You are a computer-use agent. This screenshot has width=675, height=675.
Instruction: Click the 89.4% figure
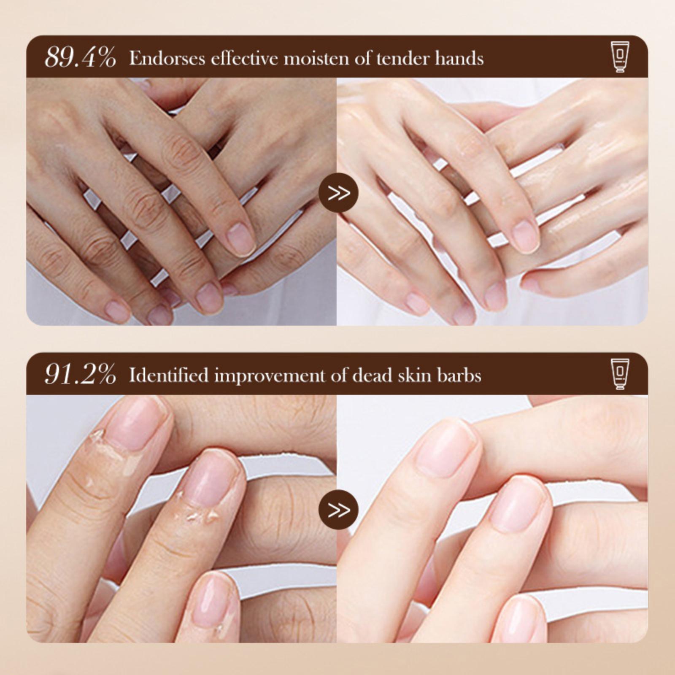pos(80,57)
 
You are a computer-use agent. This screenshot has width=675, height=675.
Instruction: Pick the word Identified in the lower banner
pos(169,375)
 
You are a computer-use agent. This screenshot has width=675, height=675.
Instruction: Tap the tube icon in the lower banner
pos(619,374)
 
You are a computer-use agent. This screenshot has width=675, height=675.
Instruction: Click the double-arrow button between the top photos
pos(338,193)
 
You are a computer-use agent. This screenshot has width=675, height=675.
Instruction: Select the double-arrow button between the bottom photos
pos(338,510)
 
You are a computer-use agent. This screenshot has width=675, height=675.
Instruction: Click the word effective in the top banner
pos(244,58)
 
